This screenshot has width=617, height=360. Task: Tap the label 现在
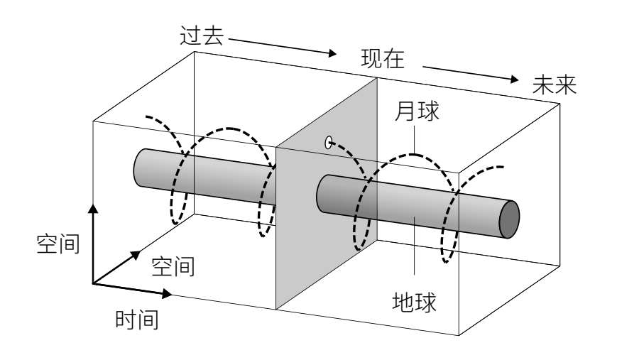coord(381,59)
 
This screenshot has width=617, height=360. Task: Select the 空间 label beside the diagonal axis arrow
coord(173,266)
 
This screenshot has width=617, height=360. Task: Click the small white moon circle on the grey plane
coord(329,143)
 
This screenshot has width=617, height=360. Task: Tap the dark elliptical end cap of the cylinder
coord(509,219)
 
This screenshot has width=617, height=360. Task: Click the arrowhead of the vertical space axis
coord(92,207)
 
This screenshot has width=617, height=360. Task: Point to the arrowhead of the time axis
coord(167,293)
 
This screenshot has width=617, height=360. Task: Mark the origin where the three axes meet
coord(93,283)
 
